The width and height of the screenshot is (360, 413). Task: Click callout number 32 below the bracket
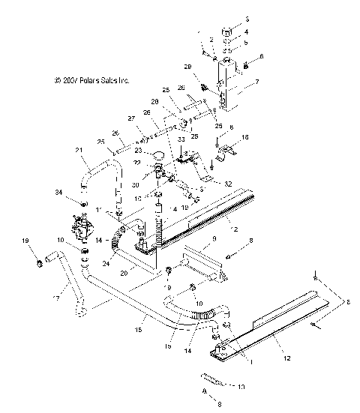(207, 182)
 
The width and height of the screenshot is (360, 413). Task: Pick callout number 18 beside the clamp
(244, 139)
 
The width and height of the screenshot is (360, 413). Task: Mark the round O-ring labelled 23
(158, 155)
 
